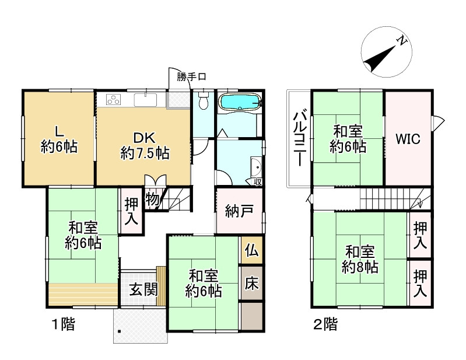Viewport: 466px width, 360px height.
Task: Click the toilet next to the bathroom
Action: tap(203, 102)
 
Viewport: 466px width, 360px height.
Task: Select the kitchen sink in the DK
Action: tap(146, 100)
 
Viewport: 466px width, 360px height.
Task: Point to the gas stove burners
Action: tap(113, 100)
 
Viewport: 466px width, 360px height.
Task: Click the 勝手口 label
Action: tap(192, 76)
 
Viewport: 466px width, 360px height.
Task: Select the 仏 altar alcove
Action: tap(251, 250)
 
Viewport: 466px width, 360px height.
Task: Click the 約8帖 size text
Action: tap(359, 267)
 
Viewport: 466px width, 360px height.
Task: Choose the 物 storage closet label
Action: tap(152, 200)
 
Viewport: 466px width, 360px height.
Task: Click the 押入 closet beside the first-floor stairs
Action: tap(131, 211)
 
